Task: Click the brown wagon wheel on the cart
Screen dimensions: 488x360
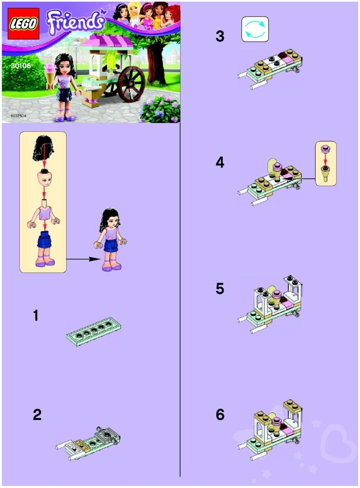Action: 130,85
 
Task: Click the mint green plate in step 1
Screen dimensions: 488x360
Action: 94,331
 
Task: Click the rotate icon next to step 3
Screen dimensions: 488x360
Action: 255,29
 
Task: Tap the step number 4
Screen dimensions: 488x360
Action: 220,163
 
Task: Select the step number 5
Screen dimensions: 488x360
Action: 220,289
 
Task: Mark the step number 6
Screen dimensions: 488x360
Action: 220,415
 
